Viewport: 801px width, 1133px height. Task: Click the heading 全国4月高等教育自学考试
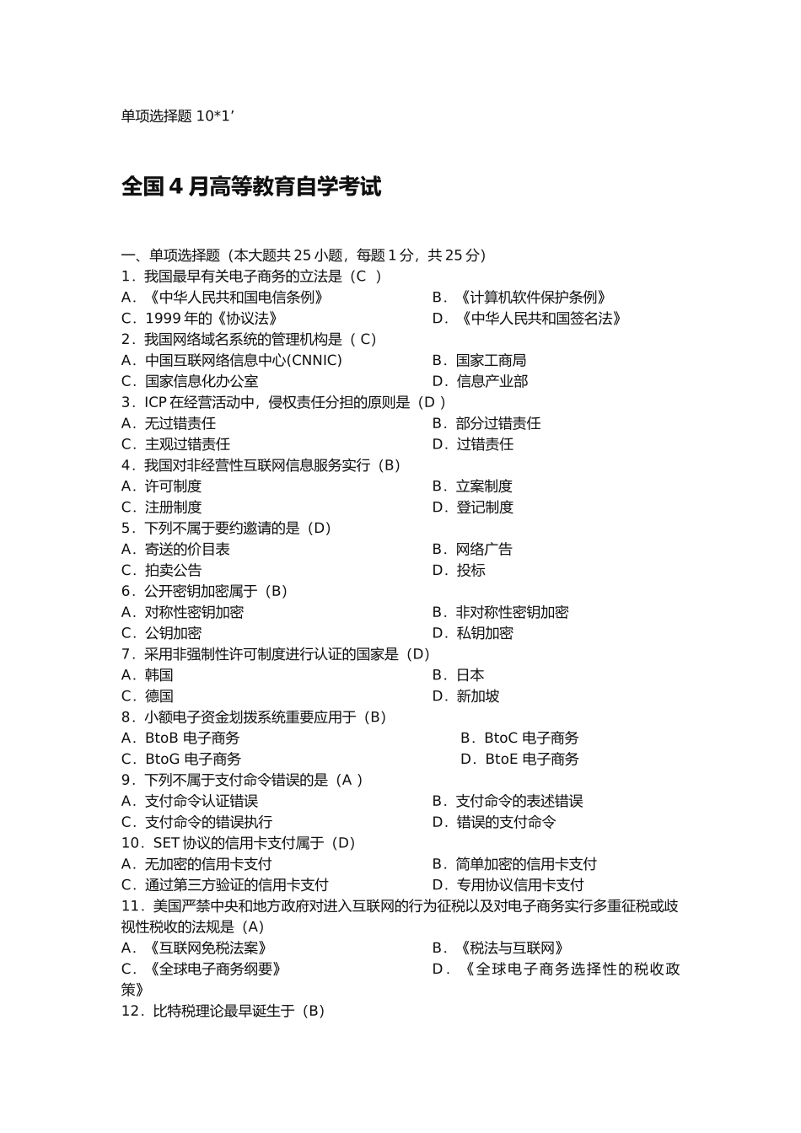pos(251,186)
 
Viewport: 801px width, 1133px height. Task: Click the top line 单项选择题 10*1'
pos(177,116)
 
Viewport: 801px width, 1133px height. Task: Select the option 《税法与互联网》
pos(510,948)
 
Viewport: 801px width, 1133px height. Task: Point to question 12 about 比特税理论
pos(223,1012)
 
